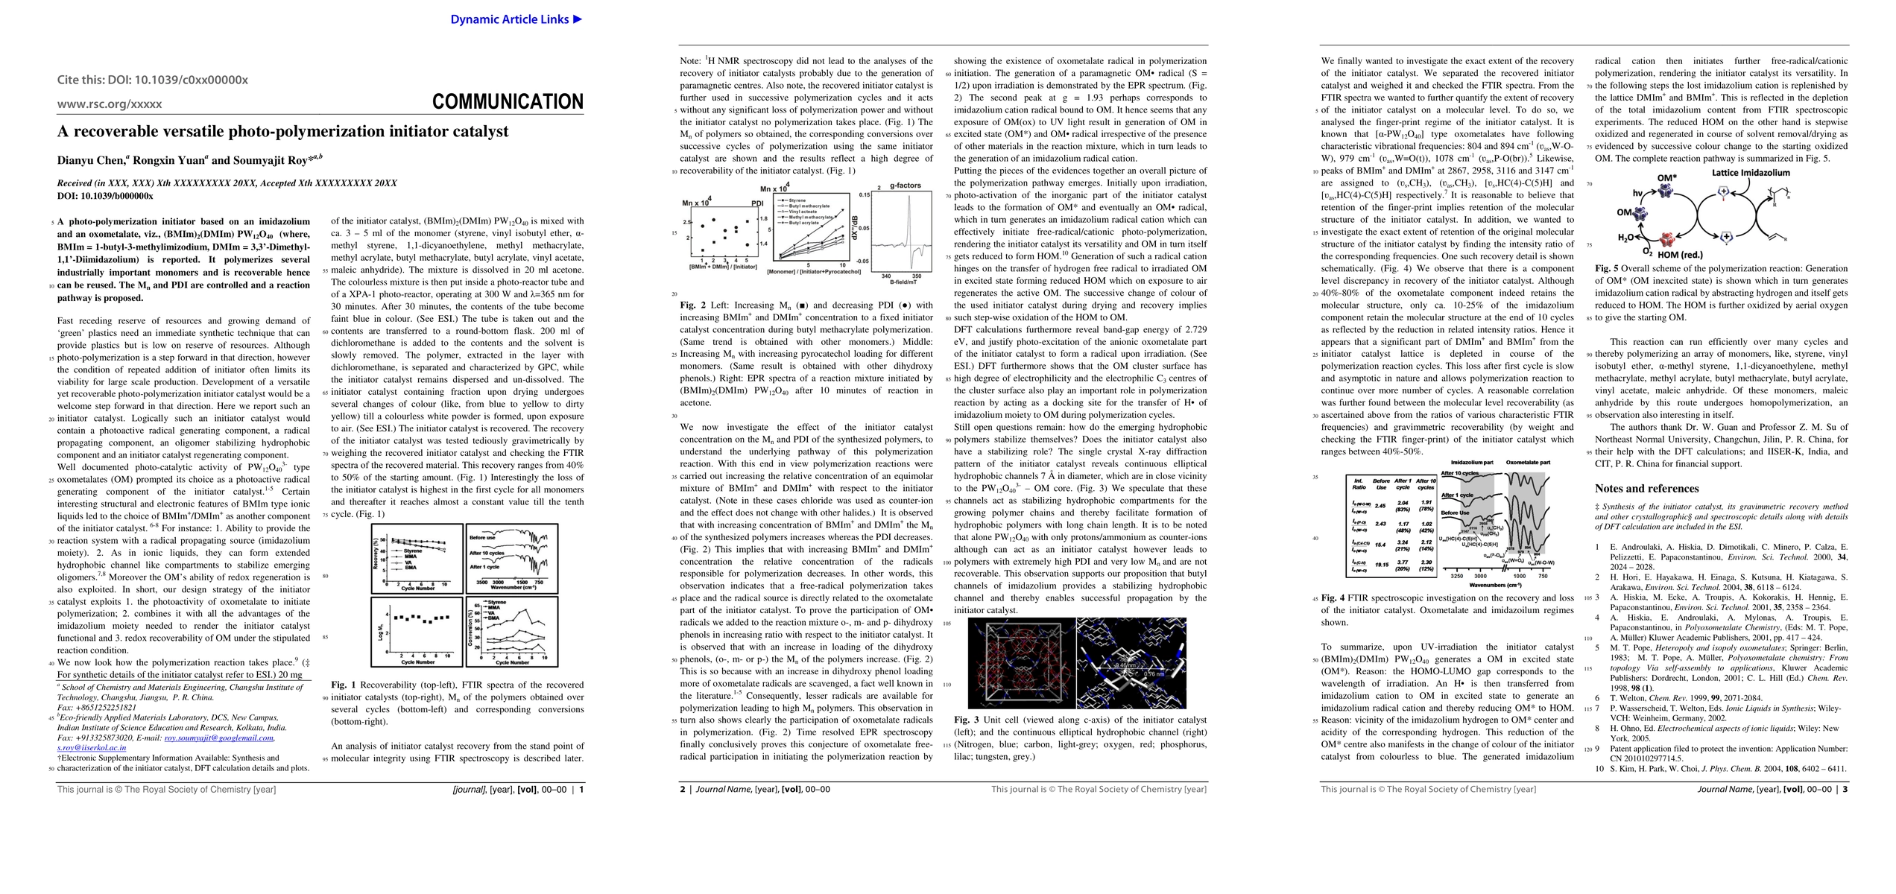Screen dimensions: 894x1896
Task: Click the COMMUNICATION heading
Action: [x=508, y=102]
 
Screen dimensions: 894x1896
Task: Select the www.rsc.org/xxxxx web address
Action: [x=110, y=104]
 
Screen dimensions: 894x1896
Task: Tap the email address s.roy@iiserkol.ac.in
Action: [x=92, y=747]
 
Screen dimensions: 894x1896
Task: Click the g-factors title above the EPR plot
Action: [x=906, y=186]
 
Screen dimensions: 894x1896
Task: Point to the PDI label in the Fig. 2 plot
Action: [x=757, y=203]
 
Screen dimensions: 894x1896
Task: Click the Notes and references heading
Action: [x=1646, y=489]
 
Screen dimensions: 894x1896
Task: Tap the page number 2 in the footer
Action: [x=682, y=789]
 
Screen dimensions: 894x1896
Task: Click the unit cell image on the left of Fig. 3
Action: [x=1021, y=663]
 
